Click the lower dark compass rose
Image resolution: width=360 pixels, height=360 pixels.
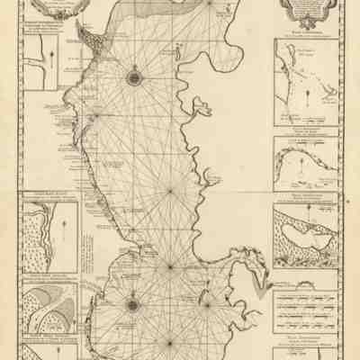(x=132, y=304)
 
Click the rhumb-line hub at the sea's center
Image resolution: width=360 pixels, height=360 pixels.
(x=171, y=191)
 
